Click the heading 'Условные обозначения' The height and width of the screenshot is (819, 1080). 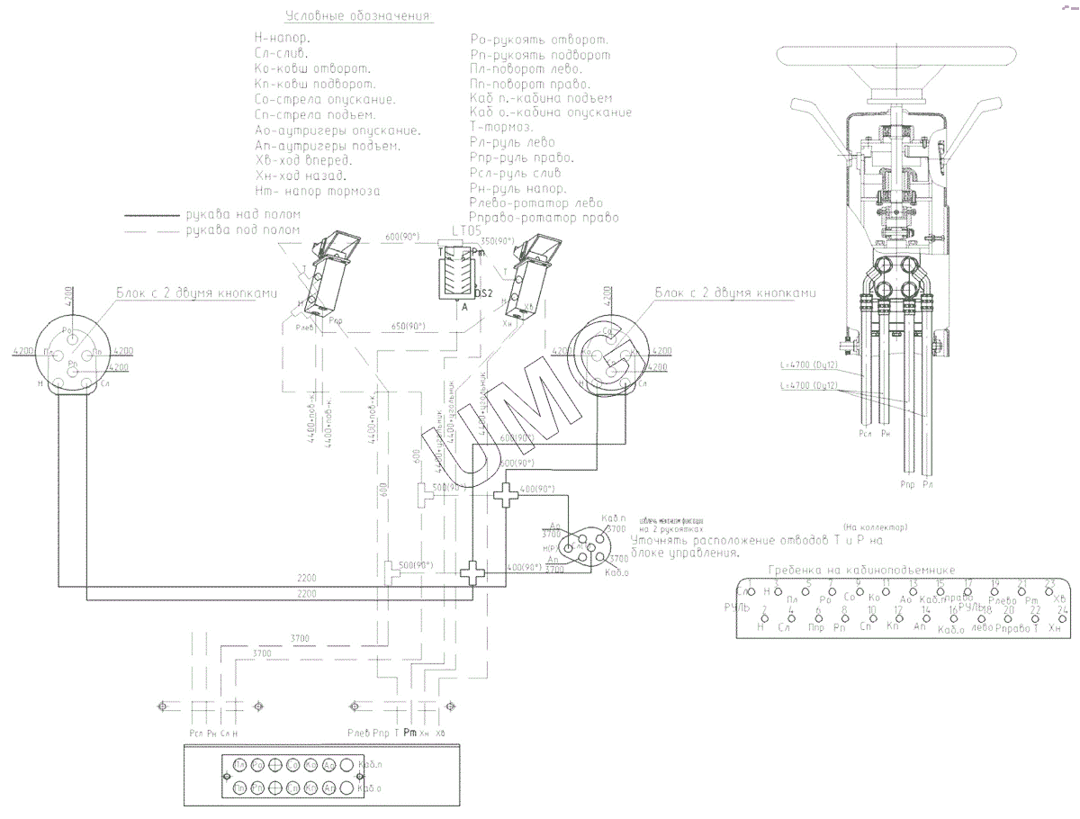tap(358, 16)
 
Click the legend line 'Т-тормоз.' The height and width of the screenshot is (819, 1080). tap(501, 127)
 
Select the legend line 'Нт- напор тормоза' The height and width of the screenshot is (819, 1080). tap(318, 192)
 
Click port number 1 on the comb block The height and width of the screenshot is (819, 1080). tap(740, 582)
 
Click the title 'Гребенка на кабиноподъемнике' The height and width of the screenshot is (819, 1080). tap(862, 570)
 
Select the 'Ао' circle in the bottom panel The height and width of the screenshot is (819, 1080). tap(328, 766)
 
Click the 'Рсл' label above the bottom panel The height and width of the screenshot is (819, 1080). tap(194, 732)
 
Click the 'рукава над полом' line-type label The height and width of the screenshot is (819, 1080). tap(243, 214)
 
